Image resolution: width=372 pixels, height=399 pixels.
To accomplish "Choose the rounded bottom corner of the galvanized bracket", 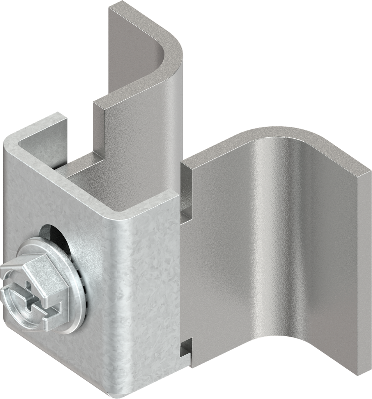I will coord(113,394).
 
